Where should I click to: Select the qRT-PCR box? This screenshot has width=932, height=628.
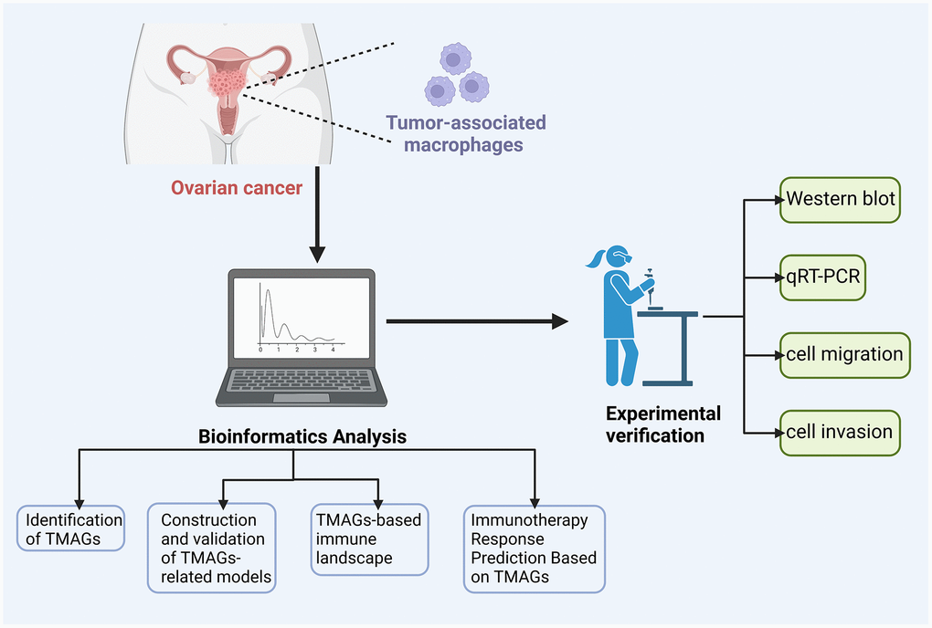coord(823,277)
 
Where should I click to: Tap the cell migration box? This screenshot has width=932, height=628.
coord(843,353)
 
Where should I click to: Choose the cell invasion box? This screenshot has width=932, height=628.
coord(839,431)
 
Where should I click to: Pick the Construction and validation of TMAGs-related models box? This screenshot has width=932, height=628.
coord(210,547)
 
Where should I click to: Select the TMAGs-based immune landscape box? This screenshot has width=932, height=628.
coord(369,539)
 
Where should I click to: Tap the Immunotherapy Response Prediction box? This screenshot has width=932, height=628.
coord(534,548)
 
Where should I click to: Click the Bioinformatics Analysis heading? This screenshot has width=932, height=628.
coord(302,436)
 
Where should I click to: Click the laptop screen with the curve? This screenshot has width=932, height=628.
coord(301,319)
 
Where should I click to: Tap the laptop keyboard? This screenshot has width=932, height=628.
coord(302,380)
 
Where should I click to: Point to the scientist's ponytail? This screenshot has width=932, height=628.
coord(594,260)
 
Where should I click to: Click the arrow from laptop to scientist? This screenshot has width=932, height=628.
coord(475,321)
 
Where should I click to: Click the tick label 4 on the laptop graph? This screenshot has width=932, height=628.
coord(333,350)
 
